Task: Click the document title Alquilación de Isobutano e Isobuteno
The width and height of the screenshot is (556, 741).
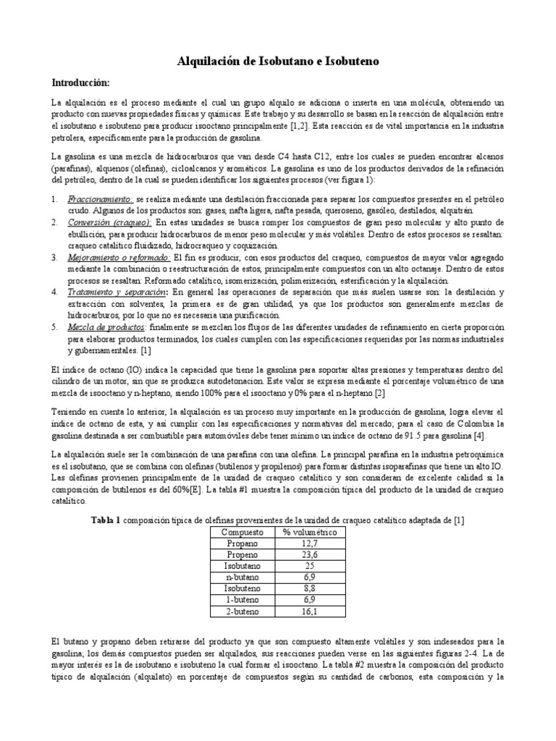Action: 278,63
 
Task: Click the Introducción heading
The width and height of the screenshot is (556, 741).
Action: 80,82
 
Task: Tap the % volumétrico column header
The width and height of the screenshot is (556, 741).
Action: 309,532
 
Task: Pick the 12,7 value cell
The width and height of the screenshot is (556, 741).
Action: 309,543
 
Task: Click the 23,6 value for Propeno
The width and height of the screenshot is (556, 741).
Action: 309,555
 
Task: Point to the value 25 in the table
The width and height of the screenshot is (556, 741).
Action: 309,567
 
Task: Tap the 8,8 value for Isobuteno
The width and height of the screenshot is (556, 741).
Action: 309,590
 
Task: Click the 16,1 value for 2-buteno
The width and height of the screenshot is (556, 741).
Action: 309,612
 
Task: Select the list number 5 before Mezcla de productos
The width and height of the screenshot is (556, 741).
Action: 54,326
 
